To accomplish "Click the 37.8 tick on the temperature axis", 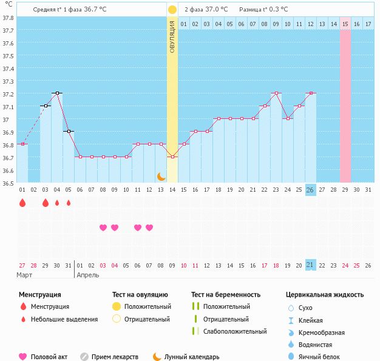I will (8, 18).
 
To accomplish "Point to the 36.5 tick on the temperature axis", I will (8, 183).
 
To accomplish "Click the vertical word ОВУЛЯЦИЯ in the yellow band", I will (172, 37).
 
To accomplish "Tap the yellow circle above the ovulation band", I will (172, 10).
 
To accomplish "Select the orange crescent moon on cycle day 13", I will (161, 177).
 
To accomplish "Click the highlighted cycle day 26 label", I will (310, 189).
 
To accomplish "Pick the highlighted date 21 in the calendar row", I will (310, 265).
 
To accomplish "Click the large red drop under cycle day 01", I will (22, 203).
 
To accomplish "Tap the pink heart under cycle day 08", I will (103, 228).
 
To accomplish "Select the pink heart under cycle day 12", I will (149, 228).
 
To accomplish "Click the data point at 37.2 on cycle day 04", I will (57, 93).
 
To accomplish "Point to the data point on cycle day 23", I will (276, 93).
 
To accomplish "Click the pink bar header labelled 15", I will (345, 24).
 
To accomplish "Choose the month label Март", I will (25, 275).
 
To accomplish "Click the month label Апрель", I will (87, 275).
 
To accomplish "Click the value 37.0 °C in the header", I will (215, 10).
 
